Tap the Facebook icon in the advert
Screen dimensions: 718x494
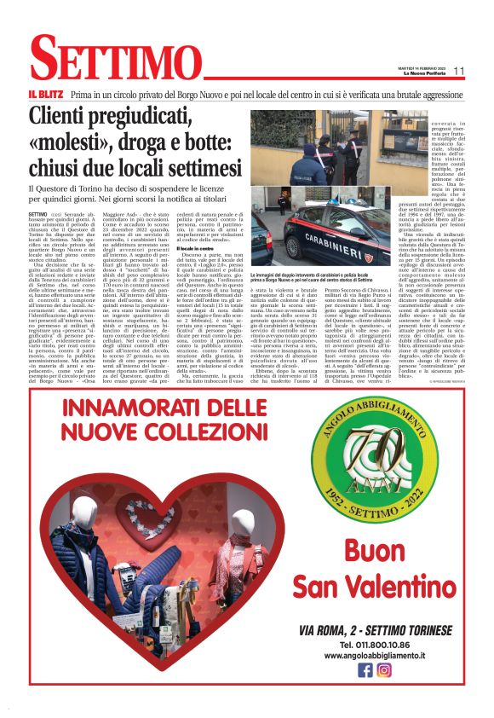365,669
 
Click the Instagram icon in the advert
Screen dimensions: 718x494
384,669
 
